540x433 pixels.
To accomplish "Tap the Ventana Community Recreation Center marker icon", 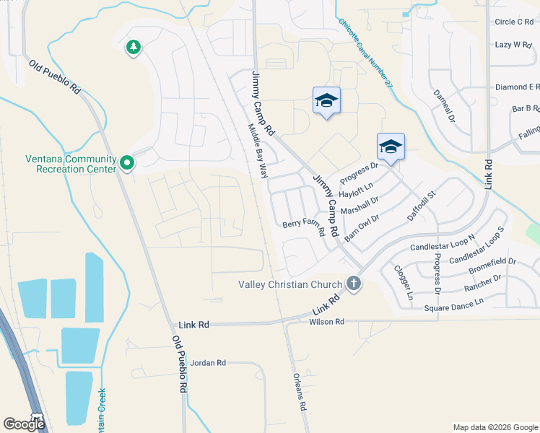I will coord(127,164).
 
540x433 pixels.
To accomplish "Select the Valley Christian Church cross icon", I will coord(354,284).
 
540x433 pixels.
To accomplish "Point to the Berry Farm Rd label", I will coord(302,224).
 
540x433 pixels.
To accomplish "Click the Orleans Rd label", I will coord(300,391).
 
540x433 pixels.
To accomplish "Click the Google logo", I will coord(24,424).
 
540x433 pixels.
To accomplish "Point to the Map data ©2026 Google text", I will coord(495,427).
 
